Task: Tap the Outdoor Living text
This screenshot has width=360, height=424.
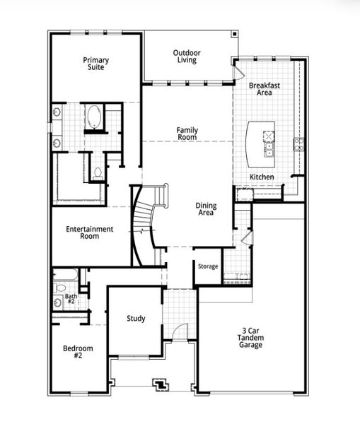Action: point(187,56)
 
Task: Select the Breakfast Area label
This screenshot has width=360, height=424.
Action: point(265,88)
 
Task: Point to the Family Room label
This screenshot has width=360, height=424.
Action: point(187,134)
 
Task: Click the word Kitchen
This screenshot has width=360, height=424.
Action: point(262,177)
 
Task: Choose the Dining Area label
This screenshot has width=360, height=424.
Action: point(206,209)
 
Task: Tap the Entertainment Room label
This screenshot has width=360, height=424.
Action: point(89,232)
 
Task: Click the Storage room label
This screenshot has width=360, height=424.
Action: point(208,266)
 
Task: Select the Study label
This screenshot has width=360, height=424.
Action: point(136,319)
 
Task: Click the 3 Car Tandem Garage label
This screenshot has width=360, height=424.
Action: point(251,338)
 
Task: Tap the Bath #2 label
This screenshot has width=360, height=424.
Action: point(71,300)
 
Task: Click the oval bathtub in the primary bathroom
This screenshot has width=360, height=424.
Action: point(94,117)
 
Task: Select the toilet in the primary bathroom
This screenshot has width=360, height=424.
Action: point(98,172)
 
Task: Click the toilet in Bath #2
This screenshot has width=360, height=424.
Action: point(60,288)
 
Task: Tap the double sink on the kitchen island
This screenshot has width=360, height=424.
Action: point(269,148)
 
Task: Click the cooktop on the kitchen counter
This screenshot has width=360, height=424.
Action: point(298,144)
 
